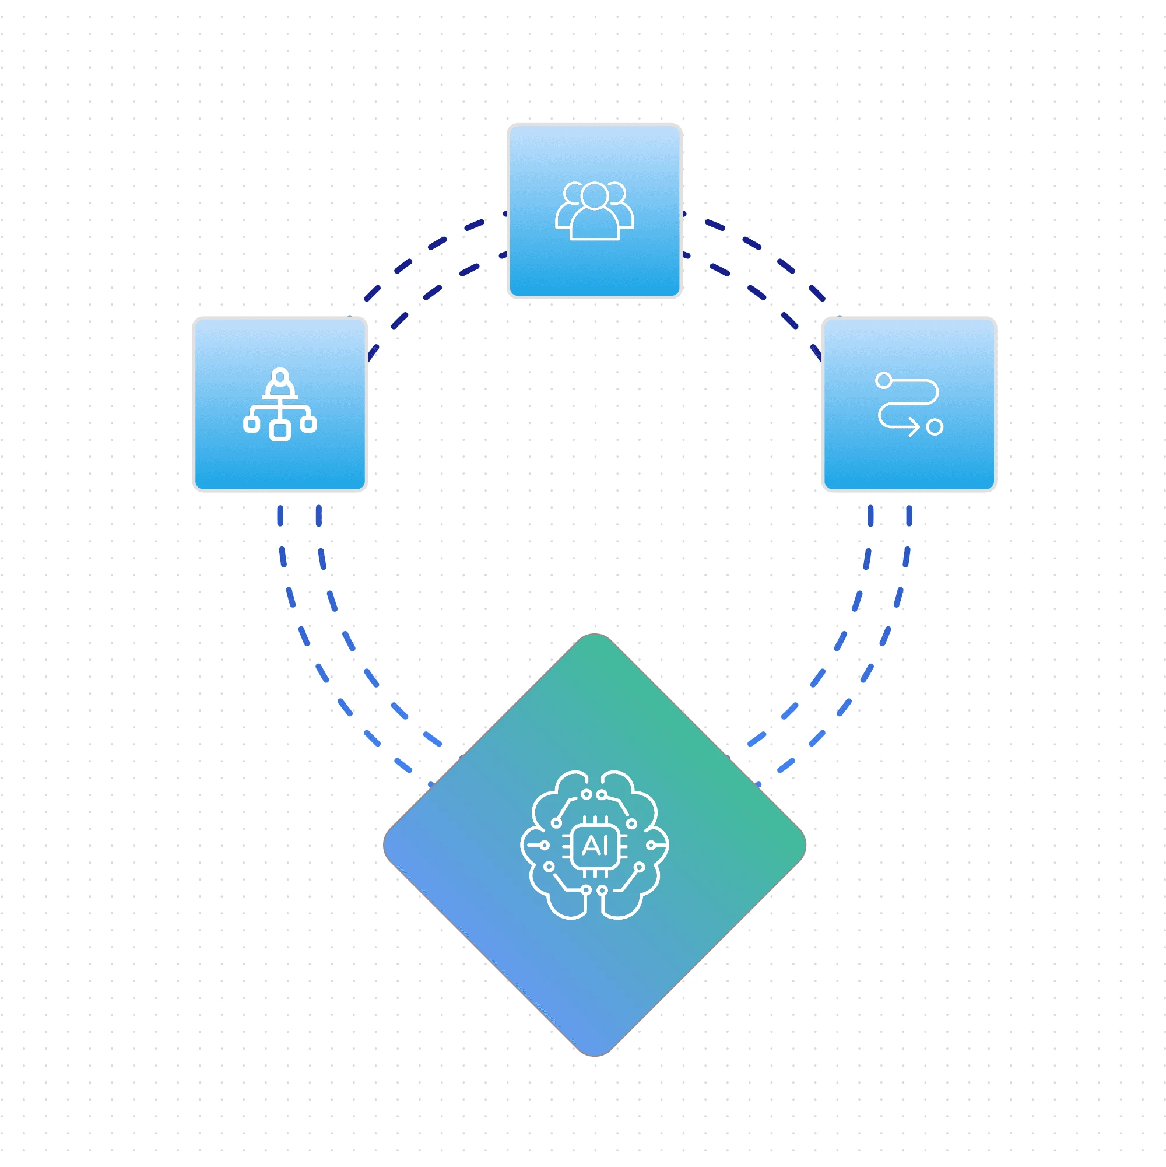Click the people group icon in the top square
tap(594, 211)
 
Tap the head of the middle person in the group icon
tap(594, 196)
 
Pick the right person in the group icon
tap(623, 208)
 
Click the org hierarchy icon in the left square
tap(280, 404)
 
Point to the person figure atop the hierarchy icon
tap(280, 383)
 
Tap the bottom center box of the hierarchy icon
tap(280, 430)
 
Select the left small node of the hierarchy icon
tap(251, 424)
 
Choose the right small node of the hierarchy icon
tap(308, 424)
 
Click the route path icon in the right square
tap(908, 404)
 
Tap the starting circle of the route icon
tap(883, 380)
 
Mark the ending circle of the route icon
tap(934, 427)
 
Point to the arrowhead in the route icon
tap(915, 427)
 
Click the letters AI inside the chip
tap(595, 846)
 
